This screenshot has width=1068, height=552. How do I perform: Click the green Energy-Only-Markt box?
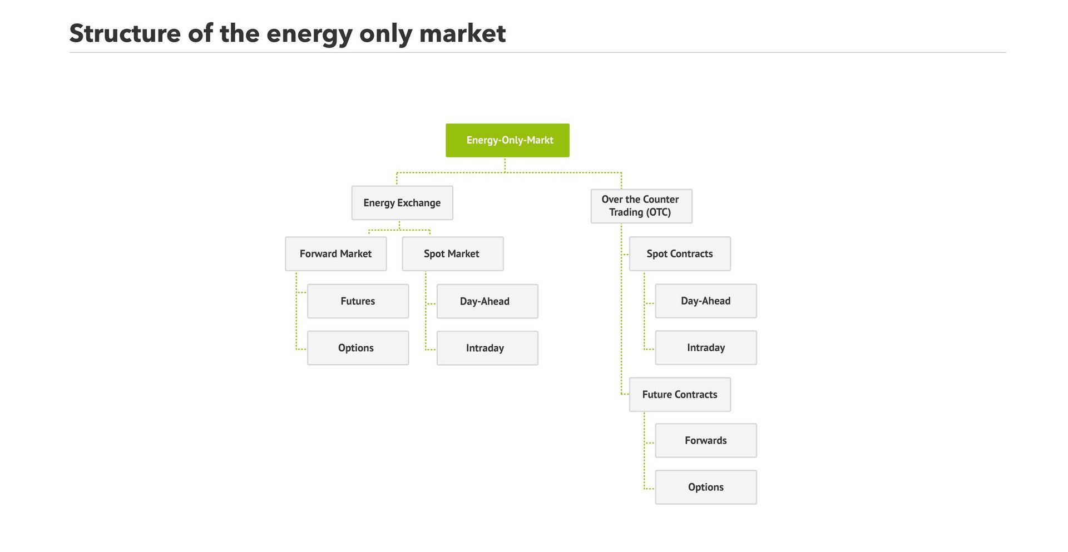[507, 140]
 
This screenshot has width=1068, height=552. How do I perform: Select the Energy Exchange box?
[402, 203]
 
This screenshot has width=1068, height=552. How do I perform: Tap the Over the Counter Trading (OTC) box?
[641, 206]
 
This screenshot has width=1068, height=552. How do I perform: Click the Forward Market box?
[335, 254]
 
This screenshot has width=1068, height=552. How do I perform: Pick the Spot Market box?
[452, 254]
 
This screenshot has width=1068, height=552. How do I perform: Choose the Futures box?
[358, 301]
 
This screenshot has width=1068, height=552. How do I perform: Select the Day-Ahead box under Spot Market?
[487, 301]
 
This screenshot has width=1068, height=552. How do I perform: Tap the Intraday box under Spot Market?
[487, 348]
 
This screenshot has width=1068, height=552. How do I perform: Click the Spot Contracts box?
[679, 254]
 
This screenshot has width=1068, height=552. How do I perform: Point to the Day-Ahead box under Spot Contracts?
[705, 301]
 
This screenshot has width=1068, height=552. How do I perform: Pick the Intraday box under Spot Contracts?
[705, 347]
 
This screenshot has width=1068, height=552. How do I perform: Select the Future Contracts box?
[679, 395]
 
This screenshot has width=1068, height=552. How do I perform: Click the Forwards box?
[705, 440]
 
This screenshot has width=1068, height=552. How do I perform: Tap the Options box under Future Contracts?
[705, 487]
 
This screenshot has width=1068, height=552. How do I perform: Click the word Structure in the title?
[125, 33]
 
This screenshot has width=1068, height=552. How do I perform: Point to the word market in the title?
[462, 33]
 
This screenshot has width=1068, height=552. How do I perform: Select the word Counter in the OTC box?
[660, 199]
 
